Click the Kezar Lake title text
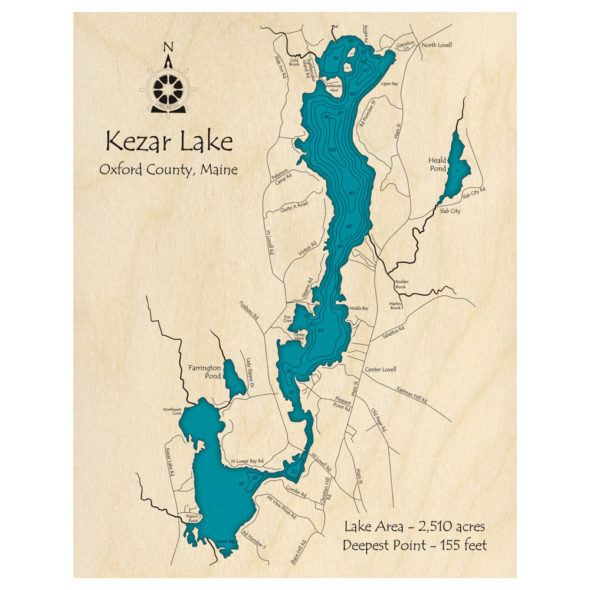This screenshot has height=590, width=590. coord(169,142)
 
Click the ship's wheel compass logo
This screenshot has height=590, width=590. coord(168,88)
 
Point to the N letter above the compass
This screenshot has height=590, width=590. coord(169,48)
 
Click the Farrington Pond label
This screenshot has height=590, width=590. coord(205,372)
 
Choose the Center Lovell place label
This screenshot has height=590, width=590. coord(381,369)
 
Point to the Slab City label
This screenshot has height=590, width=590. coord(450,211)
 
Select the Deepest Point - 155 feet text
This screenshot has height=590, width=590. coord(415,545)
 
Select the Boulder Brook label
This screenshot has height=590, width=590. coord(405,284)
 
